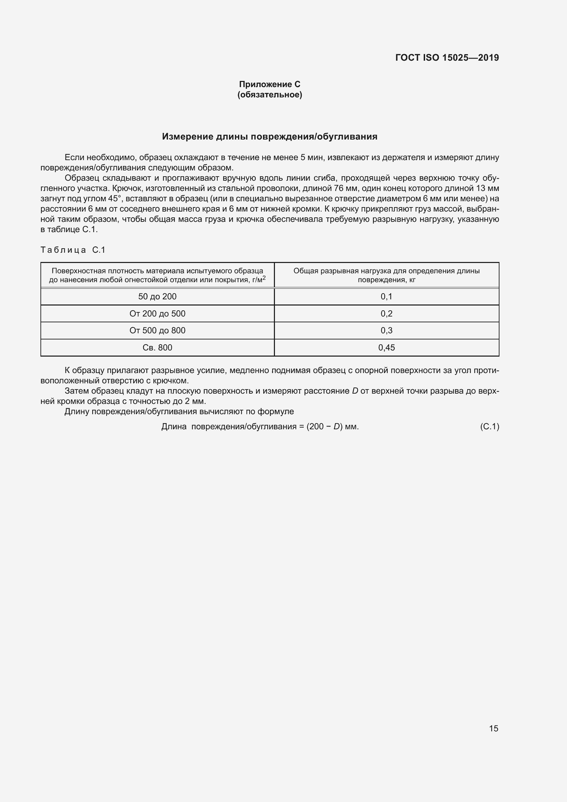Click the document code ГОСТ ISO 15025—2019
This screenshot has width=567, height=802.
pos(447,58)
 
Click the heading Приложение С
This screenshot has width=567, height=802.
pos(269,84)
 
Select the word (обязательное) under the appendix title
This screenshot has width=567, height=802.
pos(269,95)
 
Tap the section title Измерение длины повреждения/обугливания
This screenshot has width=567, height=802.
pos(269,136)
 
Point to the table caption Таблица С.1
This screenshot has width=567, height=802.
pos(73,250)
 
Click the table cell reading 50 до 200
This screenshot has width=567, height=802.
pos(157,297)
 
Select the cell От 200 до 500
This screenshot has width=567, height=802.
pos(157,314)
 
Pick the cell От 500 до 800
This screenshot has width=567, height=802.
pos(157,331)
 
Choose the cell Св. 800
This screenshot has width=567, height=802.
pos(157,348)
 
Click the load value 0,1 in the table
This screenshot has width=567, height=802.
pos(386,297)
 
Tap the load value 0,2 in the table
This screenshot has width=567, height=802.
pos(386,314)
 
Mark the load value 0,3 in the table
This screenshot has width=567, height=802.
pos(386,331)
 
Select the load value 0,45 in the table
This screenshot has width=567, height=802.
pos(386,348)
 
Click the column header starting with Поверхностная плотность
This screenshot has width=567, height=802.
pos(157,275)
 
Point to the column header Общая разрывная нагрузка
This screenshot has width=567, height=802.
pos(386,275)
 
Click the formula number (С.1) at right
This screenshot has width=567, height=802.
pos(490,427)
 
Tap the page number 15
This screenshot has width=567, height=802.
pos(494,728)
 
